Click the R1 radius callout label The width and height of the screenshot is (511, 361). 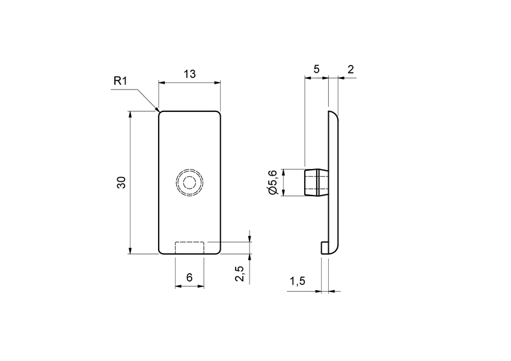coord(121,81)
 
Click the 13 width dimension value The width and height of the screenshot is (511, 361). coord(189,74)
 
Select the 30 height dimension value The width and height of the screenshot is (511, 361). coord(121,183)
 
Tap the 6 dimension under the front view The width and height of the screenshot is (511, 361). coord(189,277)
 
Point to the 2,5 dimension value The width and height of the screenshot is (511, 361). coord(240,273)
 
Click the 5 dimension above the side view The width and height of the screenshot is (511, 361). coord(316,69)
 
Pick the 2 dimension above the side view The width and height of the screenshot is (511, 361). coord(350,69)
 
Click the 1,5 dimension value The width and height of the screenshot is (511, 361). coord(298,282)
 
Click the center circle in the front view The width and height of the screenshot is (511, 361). coord(190,182)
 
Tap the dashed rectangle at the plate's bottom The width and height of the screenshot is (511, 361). coord(189,247)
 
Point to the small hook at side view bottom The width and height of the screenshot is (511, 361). coord(325,247)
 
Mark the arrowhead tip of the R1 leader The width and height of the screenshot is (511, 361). coord(159,112)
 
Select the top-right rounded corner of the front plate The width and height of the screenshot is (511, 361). coord(219,113)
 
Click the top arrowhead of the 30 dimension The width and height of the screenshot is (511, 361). coord(130,113)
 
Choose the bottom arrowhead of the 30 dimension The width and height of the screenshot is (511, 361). coord(130,253)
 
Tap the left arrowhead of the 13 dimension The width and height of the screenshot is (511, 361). coord(159,83)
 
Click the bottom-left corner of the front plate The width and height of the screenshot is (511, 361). coord(161,251)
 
